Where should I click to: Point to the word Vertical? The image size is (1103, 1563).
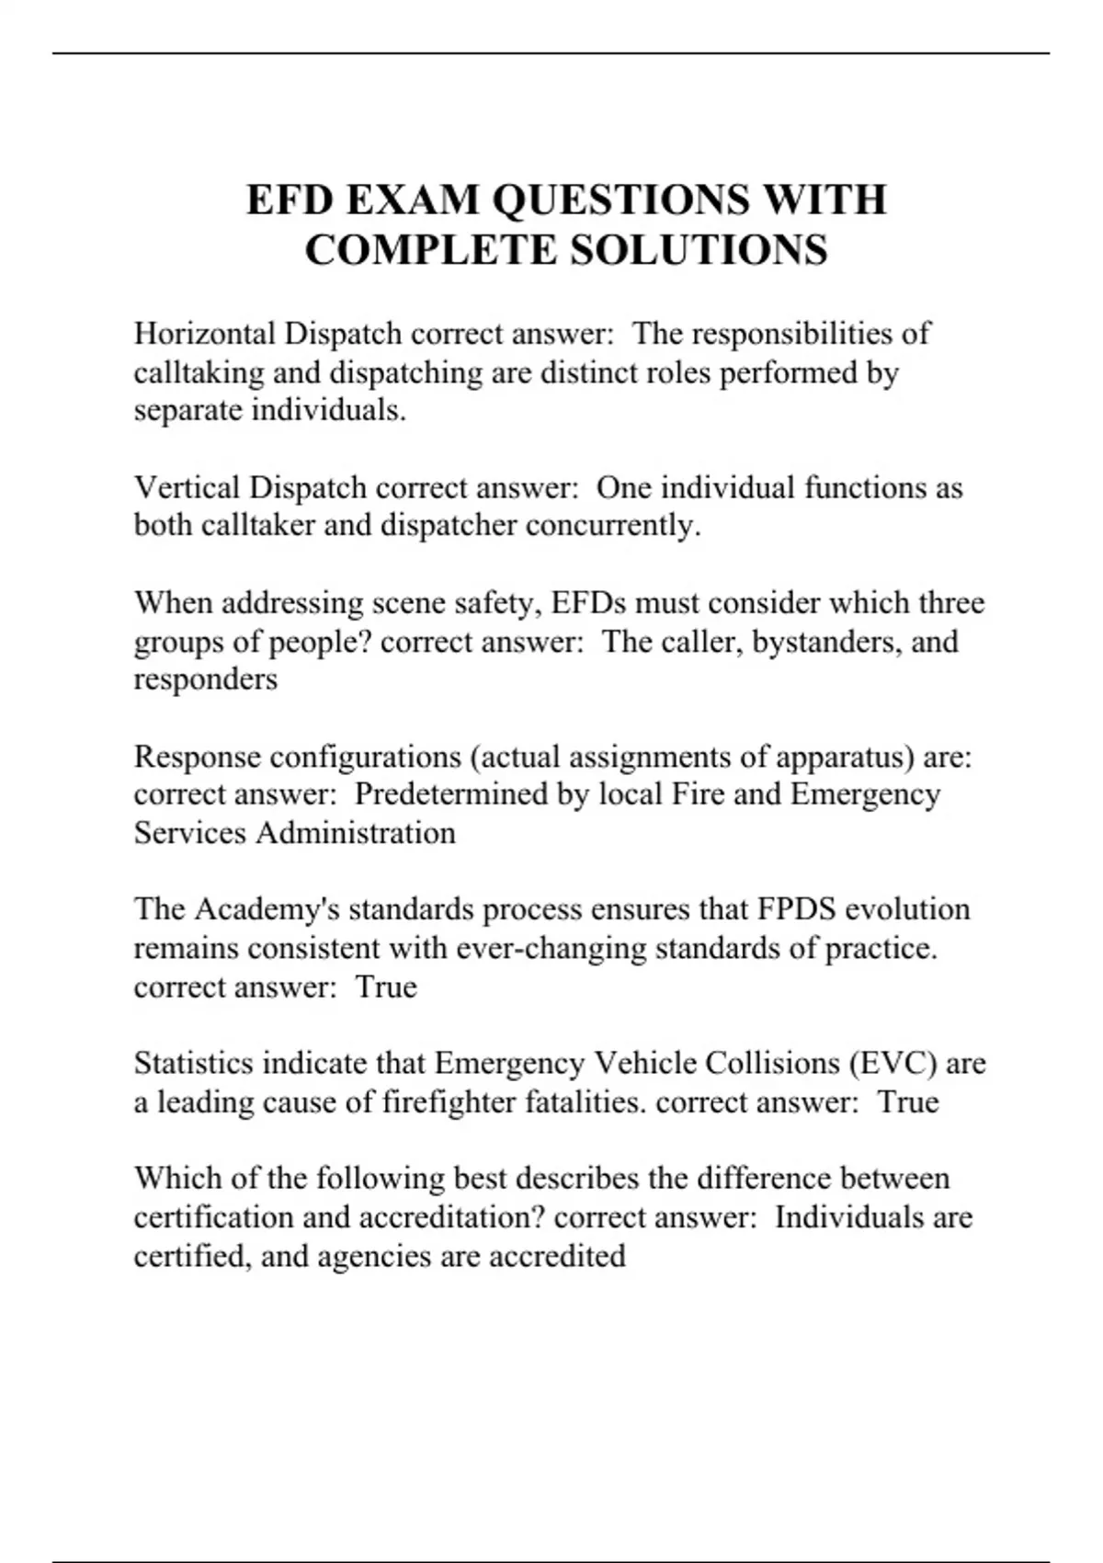tap(188, 487)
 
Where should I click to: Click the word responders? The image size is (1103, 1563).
tap(205, 679)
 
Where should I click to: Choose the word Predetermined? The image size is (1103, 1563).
tap(451, 794)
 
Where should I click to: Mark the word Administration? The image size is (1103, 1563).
tap(356, 833)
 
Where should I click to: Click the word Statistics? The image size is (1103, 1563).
tap(194, 1064)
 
